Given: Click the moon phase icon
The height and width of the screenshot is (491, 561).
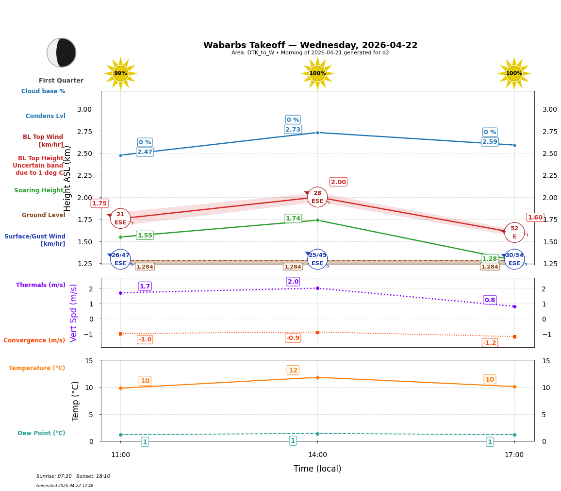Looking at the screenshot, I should (x=61, y=52).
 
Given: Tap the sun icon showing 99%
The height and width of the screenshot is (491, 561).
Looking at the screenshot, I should (x=120, y=73).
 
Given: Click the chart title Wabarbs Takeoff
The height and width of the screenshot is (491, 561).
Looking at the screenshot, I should (x=310, y=45).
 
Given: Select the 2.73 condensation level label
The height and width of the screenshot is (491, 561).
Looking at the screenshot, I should (x=293, y=130).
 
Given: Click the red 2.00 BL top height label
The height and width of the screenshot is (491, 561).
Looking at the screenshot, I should (x=338, y=182).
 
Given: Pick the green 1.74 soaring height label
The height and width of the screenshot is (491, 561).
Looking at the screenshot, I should (x=293, y=219).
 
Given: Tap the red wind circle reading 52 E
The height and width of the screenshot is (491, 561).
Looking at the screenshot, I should (x=514, y=233).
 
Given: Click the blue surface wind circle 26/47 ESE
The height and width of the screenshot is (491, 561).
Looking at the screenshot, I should (x=120, y=259).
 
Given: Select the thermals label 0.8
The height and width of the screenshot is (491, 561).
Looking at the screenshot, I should (x=490, y=300).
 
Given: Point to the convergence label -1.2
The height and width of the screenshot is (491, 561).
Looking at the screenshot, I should (x=490, y=343).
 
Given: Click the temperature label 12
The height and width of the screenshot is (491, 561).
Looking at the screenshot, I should (x=293, y=370).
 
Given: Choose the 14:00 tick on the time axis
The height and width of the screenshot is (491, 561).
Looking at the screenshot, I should (x=317, y=455).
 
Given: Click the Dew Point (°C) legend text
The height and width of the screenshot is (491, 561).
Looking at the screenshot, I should (x=41, y=433).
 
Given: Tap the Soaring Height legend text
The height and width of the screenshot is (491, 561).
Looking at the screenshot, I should (x=39, y=190).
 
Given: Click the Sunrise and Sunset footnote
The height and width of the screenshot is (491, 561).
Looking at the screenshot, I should (x=73, y=476).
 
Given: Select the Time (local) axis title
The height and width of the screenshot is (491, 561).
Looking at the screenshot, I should (x=317, y=469).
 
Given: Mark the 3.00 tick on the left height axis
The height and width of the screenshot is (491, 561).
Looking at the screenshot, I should (x=84, y=109).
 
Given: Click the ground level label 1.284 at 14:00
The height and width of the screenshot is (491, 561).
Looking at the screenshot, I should (x=293, y=267).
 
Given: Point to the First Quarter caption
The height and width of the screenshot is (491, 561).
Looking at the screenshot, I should (x=61, y=81).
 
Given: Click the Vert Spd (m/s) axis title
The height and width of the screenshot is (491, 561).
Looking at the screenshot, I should (x=74, y=313).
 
